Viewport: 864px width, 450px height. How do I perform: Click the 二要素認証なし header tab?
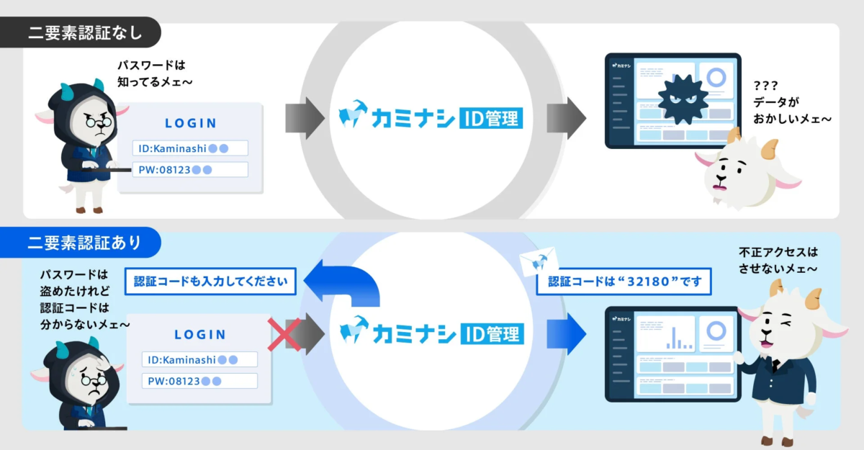85,32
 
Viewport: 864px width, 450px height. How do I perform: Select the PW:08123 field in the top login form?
189,170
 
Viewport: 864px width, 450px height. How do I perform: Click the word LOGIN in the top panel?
191,124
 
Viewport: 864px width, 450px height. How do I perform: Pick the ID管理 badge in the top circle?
490,118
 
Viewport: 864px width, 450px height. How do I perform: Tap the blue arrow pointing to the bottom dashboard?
566,334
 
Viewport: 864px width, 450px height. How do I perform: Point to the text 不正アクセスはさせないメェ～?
778,260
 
